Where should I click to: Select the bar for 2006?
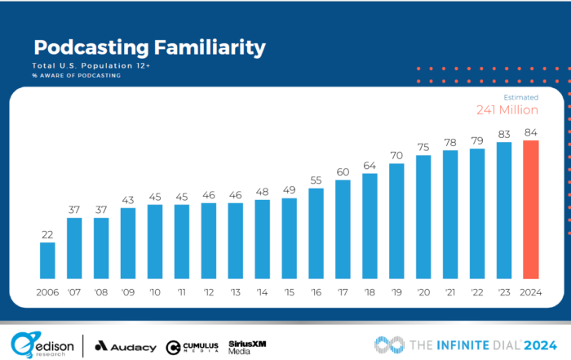coord(47,260)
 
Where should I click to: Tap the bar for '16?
coord(316,233)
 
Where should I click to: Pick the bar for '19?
coord(396,220)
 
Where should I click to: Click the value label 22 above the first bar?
coord(47,234)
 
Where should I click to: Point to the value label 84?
coord(531,132)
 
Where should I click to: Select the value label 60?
coord(343,171)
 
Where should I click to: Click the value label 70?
coord(396,155)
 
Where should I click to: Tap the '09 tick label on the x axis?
coord(127,292)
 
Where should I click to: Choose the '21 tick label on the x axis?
coord(450,292)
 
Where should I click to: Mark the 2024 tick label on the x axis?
coord(531,292)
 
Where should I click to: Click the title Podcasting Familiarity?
coord(149,48)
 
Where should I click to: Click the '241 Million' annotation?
coord(507,110)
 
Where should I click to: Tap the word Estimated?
coord(520,97)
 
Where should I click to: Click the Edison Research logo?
coord(41,344)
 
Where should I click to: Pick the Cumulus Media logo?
coord(191,346)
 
